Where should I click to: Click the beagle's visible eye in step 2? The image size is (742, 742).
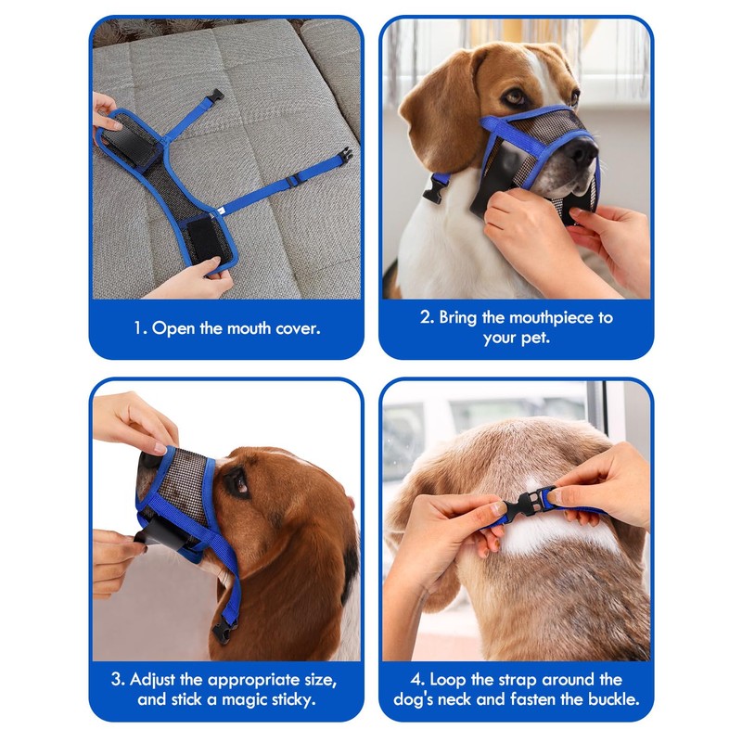(514, 96)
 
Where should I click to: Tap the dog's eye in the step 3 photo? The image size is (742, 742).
(236, 481)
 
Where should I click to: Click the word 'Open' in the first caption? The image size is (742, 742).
(173, 327)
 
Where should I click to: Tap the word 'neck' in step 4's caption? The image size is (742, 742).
(501, 698)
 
